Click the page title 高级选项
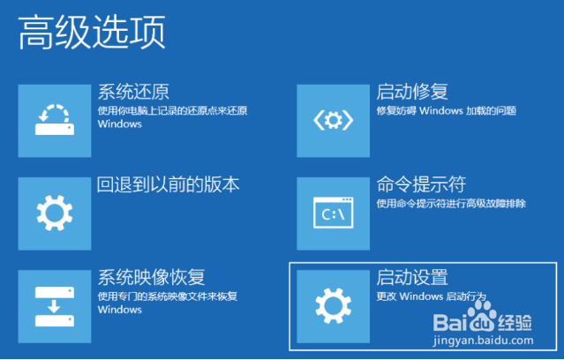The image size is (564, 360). [92, 33]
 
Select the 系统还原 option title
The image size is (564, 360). [133, 92]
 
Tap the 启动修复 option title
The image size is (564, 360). [412, 92]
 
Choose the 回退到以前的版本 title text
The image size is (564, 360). [169, 184]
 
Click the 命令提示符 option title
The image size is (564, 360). [421, 184]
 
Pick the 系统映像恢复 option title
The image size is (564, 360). [152, 277]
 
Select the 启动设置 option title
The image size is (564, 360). [412, 277]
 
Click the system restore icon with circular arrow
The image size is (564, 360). [55, 120]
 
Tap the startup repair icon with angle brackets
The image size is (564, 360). [334, 121]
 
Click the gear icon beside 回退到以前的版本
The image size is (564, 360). [55, 214]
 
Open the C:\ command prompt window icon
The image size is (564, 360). [334, 213]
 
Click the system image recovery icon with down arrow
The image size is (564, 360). [55, 306]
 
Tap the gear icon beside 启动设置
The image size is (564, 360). [334, 305]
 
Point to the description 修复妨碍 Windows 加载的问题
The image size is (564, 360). [447, 111]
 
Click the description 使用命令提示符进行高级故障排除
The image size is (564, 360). [451, 204]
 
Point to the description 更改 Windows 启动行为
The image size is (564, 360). [432, 296]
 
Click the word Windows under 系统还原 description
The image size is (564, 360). [120, 124]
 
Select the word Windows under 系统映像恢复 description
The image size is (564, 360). [120, 310]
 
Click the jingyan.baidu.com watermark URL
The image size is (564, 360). [484, 341]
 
